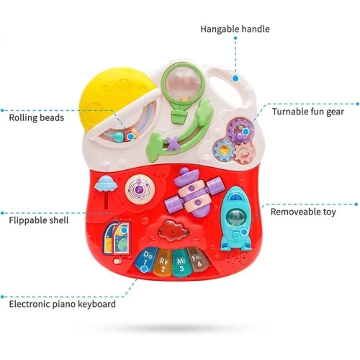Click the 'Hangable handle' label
click(x=235, y=29)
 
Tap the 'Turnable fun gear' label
click(x=308, y=112)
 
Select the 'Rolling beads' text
click(x=37, y=118)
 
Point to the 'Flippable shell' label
click(x=39, y=220)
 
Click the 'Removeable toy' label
click(x=303, y=212)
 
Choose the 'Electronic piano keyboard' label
click(x=63, y=304)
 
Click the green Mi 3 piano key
click(x=181, y=262)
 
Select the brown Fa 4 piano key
click(x=199, y=261)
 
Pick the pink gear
click(x=245, y=153)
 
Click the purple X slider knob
click(x=174, y=143)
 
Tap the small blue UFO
click(x=106, y=184)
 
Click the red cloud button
click(x=173, y=230)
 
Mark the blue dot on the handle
click(x=235, y=78)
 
